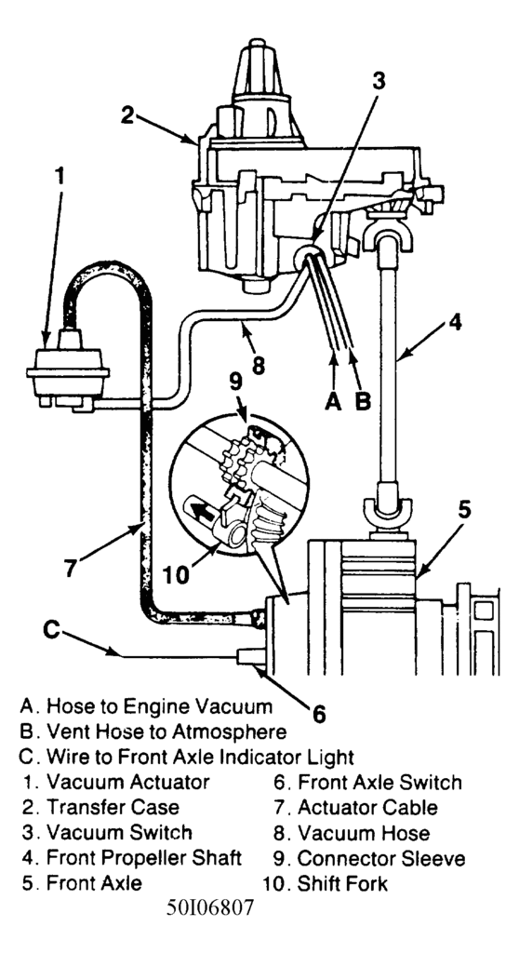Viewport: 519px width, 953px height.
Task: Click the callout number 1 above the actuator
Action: pyautogui.click(x=59, y=177)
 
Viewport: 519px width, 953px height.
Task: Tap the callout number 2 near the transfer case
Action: pyautogui.click(x=127, y=114)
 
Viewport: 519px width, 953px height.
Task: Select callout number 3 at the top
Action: pyautogui.click(x=379, y=82)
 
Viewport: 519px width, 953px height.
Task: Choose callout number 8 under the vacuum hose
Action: pyautogui.click(x=259, y=364)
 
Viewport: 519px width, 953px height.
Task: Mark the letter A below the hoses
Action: pyautogui.click(x=333, y=401)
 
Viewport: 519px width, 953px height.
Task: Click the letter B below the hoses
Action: pyautogui.click(x=363, y=401)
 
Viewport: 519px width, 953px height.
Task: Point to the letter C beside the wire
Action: pyautogui.click(x=52, y=630)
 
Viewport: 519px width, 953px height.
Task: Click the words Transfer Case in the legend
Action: pyautogui.click(x=113, y=807)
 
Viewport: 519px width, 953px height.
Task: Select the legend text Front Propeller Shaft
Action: pyautogui.click(x=144, y=857)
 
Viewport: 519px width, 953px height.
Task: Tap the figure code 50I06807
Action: pyautogui.click(x=209, y=908)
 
